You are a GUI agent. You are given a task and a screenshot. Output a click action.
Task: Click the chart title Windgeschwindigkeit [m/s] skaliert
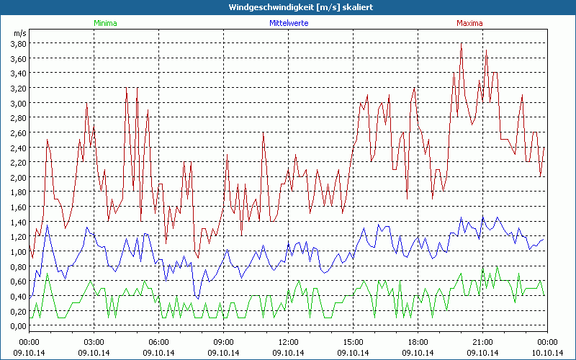pos(288,7)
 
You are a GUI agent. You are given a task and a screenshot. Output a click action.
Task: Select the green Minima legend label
pos(105,23)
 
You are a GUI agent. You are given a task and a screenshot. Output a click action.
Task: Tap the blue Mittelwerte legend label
pos(289,23)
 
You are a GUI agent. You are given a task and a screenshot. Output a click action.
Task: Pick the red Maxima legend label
pos(469,23)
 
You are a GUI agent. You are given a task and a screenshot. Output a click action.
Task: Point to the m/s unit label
pos(19,33)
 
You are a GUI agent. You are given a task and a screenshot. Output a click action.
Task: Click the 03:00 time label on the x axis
pos(94,341)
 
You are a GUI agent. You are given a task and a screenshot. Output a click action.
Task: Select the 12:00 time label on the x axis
pos(288,341)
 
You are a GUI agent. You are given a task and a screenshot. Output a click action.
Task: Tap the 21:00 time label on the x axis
pos(482,341)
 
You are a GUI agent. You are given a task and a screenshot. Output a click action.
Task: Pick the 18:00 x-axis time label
pos(418,341)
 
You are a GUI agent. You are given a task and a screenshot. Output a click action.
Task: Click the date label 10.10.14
pos(547,353)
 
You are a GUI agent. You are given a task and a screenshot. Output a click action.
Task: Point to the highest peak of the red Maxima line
pos(461,43)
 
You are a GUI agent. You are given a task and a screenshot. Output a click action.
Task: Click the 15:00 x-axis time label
pos(353,341)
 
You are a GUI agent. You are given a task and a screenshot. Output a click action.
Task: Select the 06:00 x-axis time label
pos(158,341)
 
